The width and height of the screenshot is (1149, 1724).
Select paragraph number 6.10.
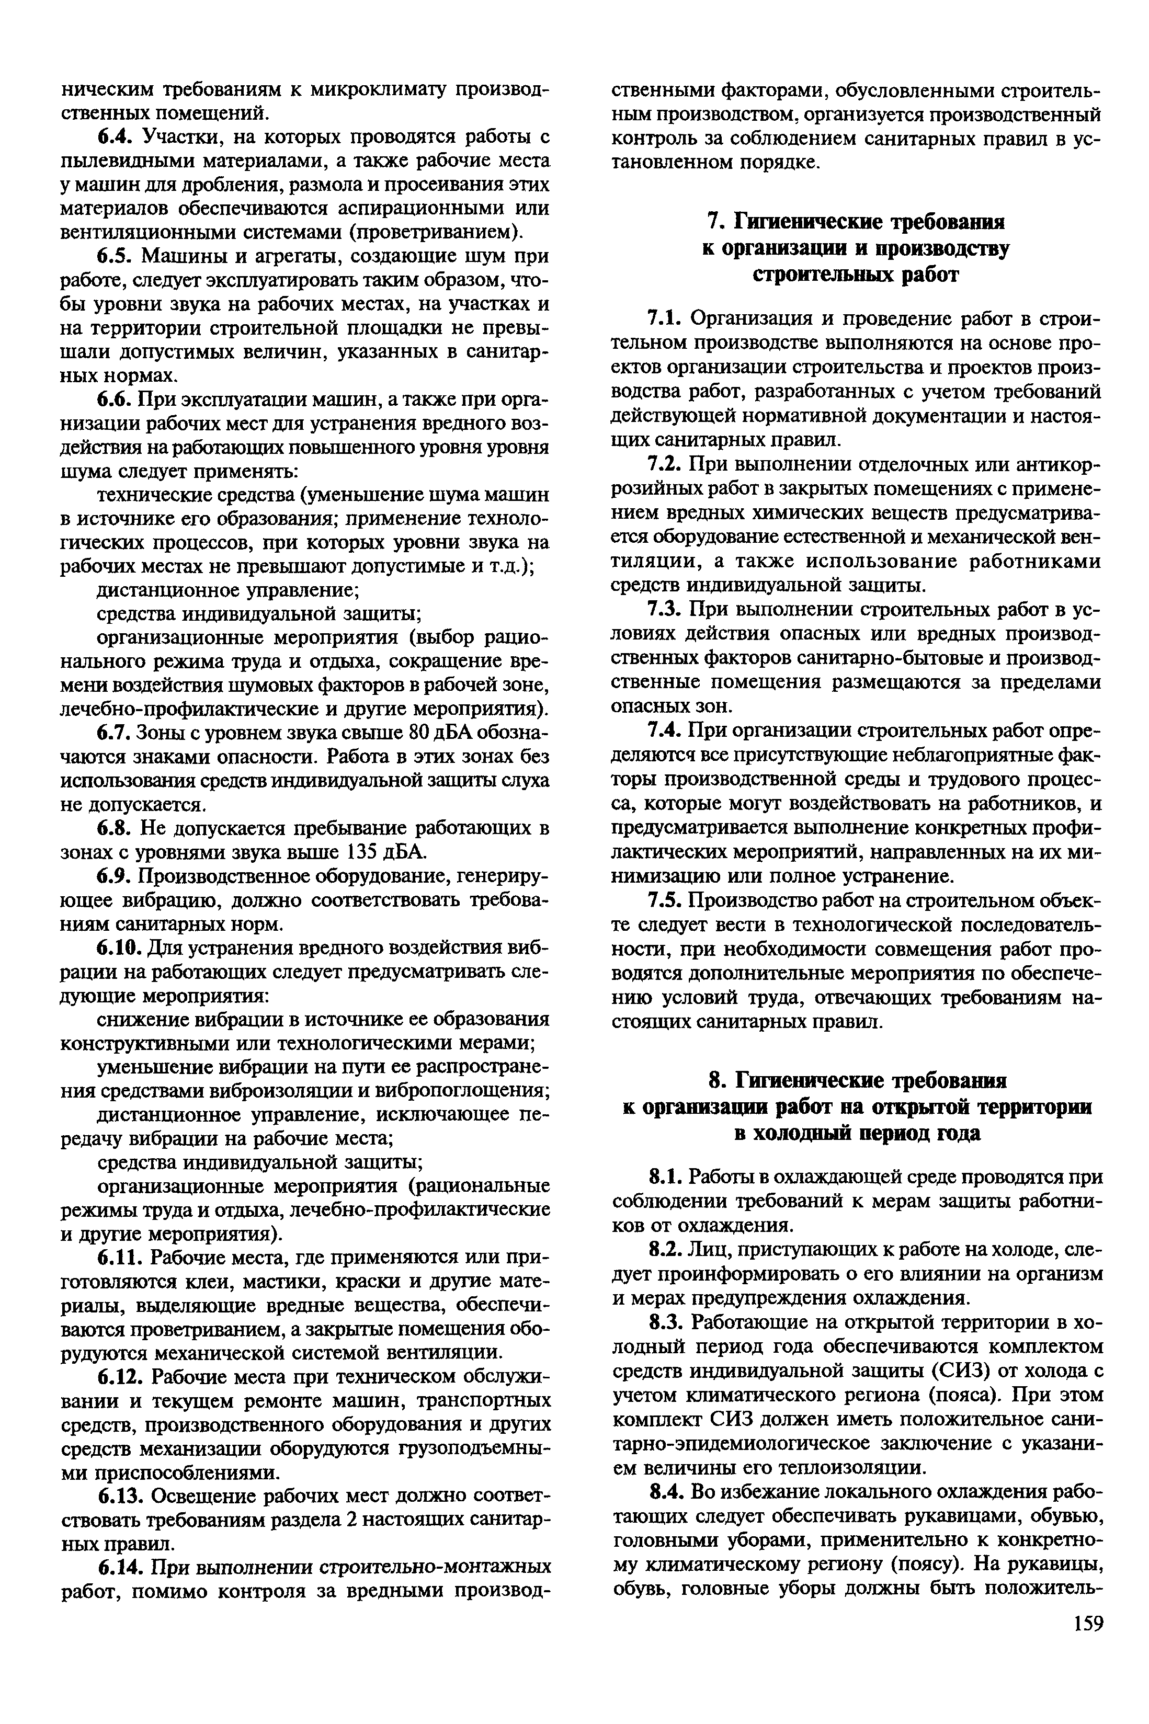pyautogui.click(x=120, y=948)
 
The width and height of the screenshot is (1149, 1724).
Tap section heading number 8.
pyautogui.click(x=715, y=1081)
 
